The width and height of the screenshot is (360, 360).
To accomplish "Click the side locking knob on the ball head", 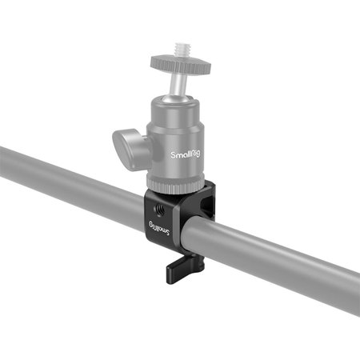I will (129, 144).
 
